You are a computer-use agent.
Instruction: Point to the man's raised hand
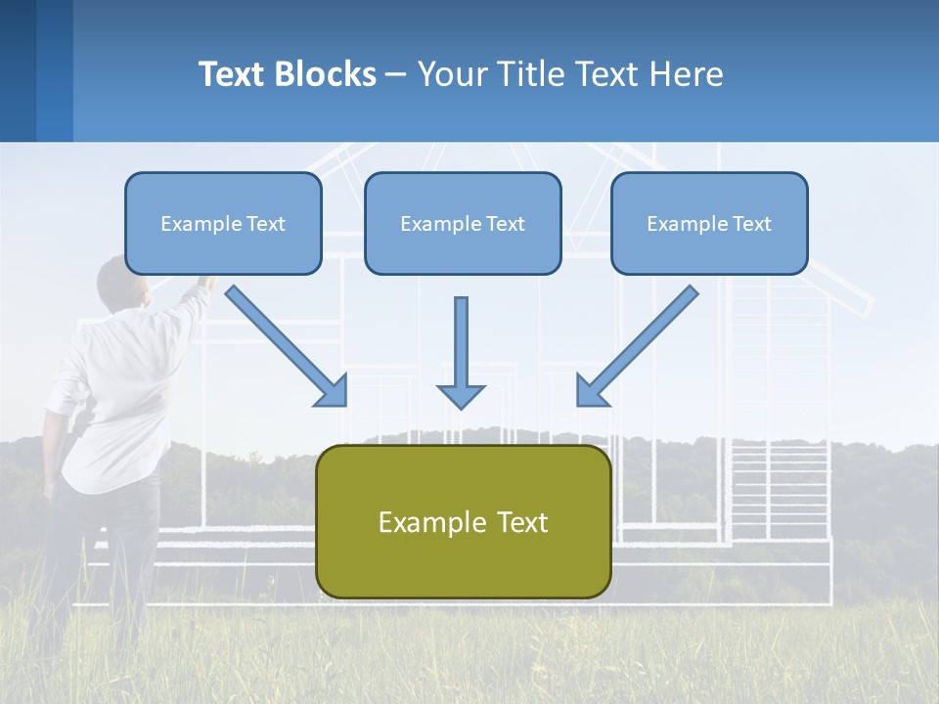205,283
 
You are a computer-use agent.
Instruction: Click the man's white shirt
117,391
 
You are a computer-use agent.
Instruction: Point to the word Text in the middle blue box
505,224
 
